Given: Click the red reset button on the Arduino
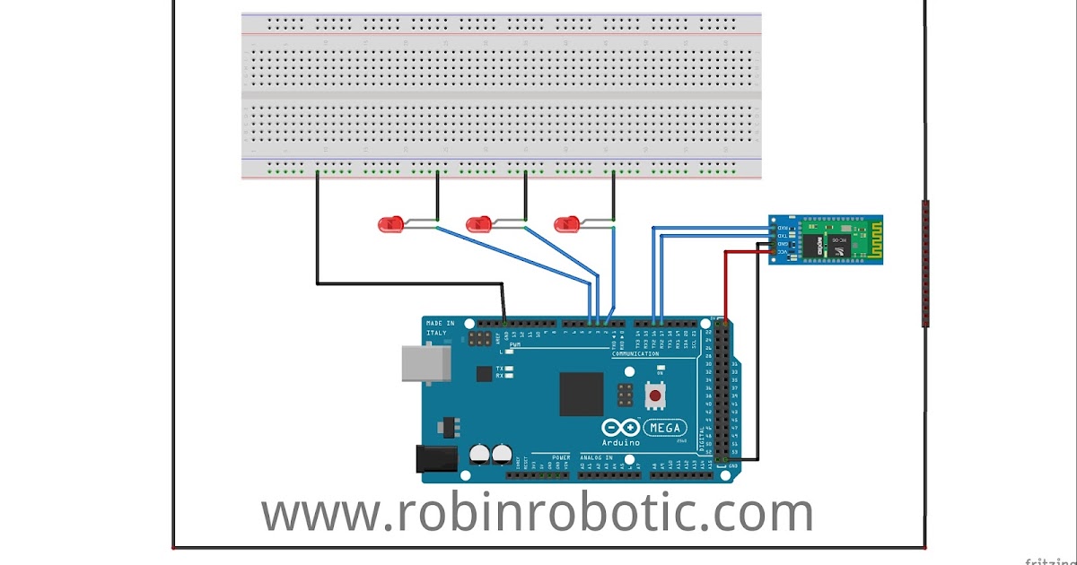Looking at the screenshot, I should (655, 395).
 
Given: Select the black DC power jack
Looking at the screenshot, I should (437, 458).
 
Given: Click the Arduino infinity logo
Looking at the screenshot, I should (626, 428).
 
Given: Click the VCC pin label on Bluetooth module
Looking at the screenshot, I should (783, 253).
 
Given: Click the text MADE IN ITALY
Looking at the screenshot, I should (440, 328).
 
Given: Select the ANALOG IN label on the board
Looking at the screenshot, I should (597, 456).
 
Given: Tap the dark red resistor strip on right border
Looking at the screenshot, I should (925, 264).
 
